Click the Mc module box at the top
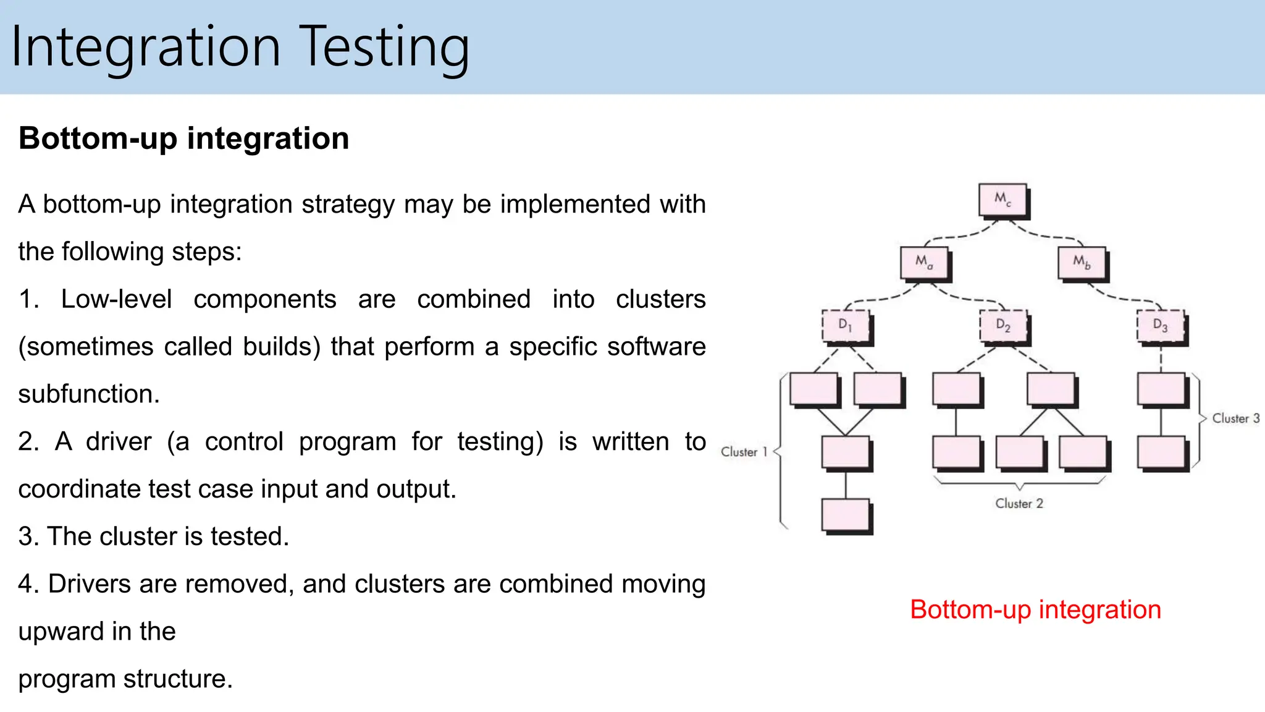tap(1003, 200)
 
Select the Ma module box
tap(924, 263)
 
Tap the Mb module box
tap(1082, 263)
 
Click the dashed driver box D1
tap(845, 326)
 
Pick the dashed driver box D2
tap(1003, 326)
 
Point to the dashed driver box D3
tap(1161, 326)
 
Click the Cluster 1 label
tap(744, 452)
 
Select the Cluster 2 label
tap(1019, 504)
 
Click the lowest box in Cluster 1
tap(846, 515)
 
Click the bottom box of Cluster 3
tap(1161, 452)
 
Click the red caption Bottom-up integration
tap(1035, 609)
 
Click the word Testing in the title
tap(386, 47)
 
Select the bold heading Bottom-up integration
tap(183, 138)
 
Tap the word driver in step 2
tap(119, 441)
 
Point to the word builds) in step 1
tap(282, 347)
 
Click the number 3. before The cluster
tap(28, 536)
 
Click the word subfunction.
tap(88, 394)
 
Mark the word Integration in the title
tap(146, 47)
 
